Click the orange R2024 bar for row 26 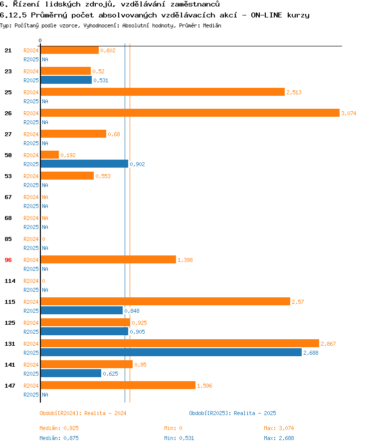[189, 113]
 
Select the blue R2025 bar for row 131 [171, 353]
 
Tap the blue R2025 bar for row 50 [84, 164]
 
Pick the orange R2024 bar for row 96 [108, 260]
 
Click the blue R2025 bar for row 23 [66, 80]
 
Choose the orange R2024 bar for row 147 [118, 386]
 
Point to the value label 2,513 [294, 92]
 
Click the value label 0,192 [68, 155]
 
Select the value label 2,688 [311, 353]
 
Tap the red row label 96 [8, 260]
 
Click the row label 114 [9, 281]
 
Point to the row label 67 [8, 197]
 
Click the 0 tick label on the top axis [40, 40]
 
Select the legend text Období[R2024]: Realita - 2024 [83, 413]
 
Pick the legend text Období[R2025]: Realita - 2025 [232, 413]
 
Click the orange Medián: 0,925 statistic [59, 428]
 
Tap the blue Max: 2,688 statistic [279, 438]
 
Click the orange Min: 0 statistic [173, 428]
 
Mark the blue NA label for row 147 [45, 395]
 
